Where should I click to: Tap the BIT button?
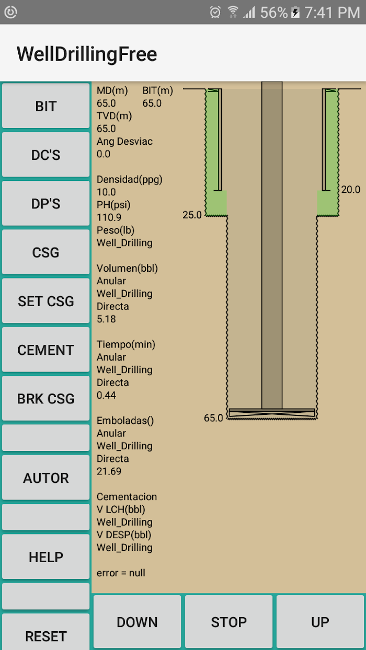tap(46, 106)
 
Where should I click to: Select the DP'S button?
tap(46, 203)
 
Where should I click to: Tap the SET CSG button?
tap(46, 300)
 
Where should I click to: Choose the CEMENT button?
tap(46, 350)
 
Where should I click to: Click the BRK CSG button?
tap(46, 398)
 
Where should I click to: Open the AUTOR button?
tap(46, 478)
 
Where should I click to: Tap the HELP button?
tap(46, 556)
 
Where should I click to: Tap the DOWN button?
tap(137, 622)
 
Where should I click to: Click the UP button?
tap(320, 622)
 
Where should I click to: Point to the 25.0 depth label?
tap(192, 215)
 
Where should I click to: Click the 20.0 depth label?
tap(351, 190)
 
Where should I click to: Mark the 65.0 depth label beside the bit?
tap(213, 418)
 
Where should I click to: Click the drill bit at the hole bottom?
tap(272, 413)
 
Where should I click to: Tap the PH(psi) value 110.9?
tap(109, 217)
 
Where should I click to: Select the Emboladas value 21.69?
tap(109, 471)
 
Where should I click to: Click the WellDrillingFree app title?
tap(87, 54)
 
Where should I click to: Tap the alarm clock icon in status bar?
tap(215, 12)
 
